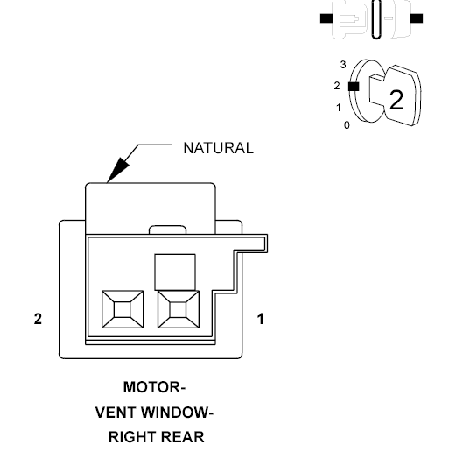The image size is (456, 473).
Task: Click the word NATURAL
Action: point(218,148)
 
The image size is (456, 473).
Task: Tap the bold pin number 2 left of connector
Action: point(38,319)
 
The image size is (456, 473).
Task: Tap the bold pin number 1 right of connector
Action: point(261,319)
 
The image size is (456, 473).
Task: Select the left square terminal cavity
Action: point(123,309)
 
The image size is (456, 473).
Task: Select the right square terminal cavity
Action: point(179,309)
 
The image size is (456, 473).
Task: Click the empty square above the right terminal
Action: point(175,272)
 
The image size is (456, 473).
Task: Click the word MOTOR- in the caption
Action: point(154,387)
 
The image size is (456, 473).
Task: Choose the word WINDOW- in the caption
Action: point(177,413)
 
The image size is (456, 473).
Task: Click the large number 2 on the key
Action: point(396,100)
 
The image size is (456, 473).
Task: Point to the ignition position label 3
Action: point(343,65)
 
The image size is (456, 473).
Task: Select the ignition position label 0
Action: point(347,125)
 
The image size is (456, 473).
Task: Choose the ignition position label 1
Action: point(339,108)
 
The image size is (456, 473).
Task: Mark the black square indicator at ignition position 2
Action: point(354,87)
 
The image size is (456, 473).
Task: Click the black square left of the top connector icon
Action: point(326,18)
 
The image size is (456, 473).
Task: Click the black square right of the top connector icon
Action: point(417,18)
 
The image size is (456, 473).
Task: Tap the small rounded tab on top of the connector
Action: point(167,229)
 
